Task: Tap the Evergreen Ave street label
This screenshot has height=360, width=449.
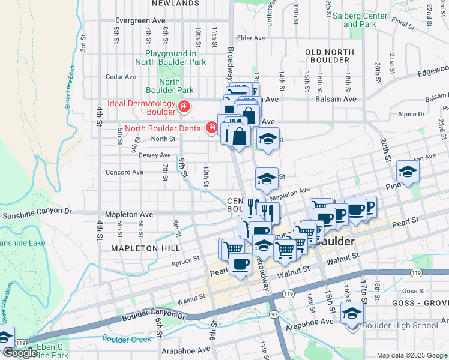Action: (140, 20)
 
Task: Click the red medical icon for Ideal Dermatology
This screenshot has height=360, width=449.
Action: (184, 107)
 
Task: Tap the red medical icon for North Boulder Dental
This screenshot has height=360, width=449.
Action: (211, 127)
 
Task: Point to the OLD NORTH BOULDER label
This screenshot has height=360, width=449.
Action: (328, 56)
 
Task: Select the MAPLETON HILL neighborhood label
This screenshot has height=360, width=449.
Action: (141, 247)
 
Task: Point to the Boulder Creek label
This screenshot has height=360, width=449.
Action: (126, 338)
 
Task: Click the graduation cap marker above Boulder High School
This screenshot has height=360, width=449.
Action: (352, 312)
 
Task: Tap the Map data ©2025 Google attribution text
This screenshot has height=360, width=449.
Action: (411, 355)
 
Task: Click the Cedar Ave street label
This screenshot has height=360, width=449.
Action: (121, 77)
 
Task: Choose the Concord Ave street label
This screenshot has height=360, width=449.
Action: (124, 172)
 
